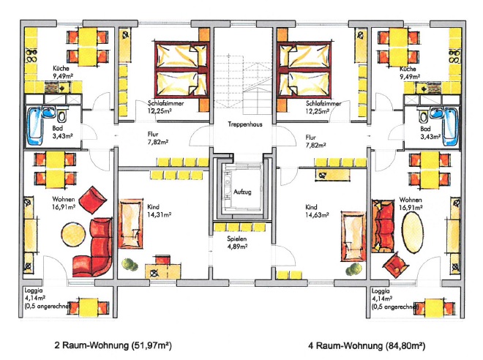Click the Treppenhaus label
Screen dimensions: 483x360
coord(245,124)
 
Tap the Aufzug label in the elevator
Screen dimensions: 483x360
coord(242,192)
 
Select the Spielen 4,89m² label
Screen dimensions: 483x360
coord(237,243)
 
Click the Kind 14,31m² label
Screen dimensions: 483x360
coord(160,211)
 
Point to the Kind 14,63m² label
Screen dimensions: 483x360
coord(317,211)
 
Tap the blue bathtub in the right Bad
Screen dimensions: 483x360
coord(450,127)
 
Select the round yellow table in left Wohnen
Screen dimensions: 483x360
coord(73,234)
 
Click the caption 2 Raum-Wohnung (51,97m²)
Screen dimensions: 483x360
coord(113,345)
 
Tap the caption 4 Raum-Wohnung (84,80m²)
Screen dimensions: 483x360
coord(367,346)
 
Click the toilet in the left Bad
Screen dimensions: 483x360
coord(62,115)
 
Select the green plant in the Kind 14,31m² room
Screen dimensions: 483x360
coord(130,264)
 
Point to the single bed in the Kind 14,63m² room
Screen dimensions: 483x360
coord(353,236)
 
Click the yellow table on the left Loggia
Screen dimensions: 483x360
coord(89,307)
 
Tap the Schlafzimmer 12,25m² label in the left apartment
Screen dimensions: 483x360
coord(165,107)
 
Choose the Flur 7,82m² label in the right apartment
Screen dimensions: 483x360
coord(315,141)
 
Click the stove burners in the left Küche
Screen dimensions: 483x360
coord(31,56)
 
